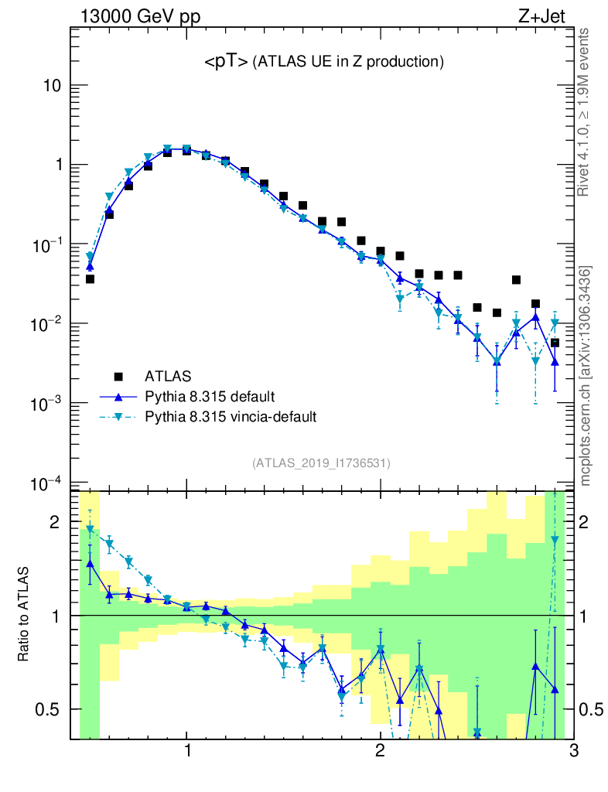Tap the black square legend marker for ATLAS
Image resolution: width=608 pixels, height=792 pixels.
119,377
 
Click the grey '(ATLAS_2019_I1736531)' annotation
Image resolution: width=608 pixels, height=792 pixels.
321,463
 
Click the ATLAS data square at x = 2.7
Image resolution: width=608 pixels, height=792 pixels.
516,280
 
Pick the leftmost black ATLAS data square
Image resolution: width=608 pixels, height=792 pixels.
90,279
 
